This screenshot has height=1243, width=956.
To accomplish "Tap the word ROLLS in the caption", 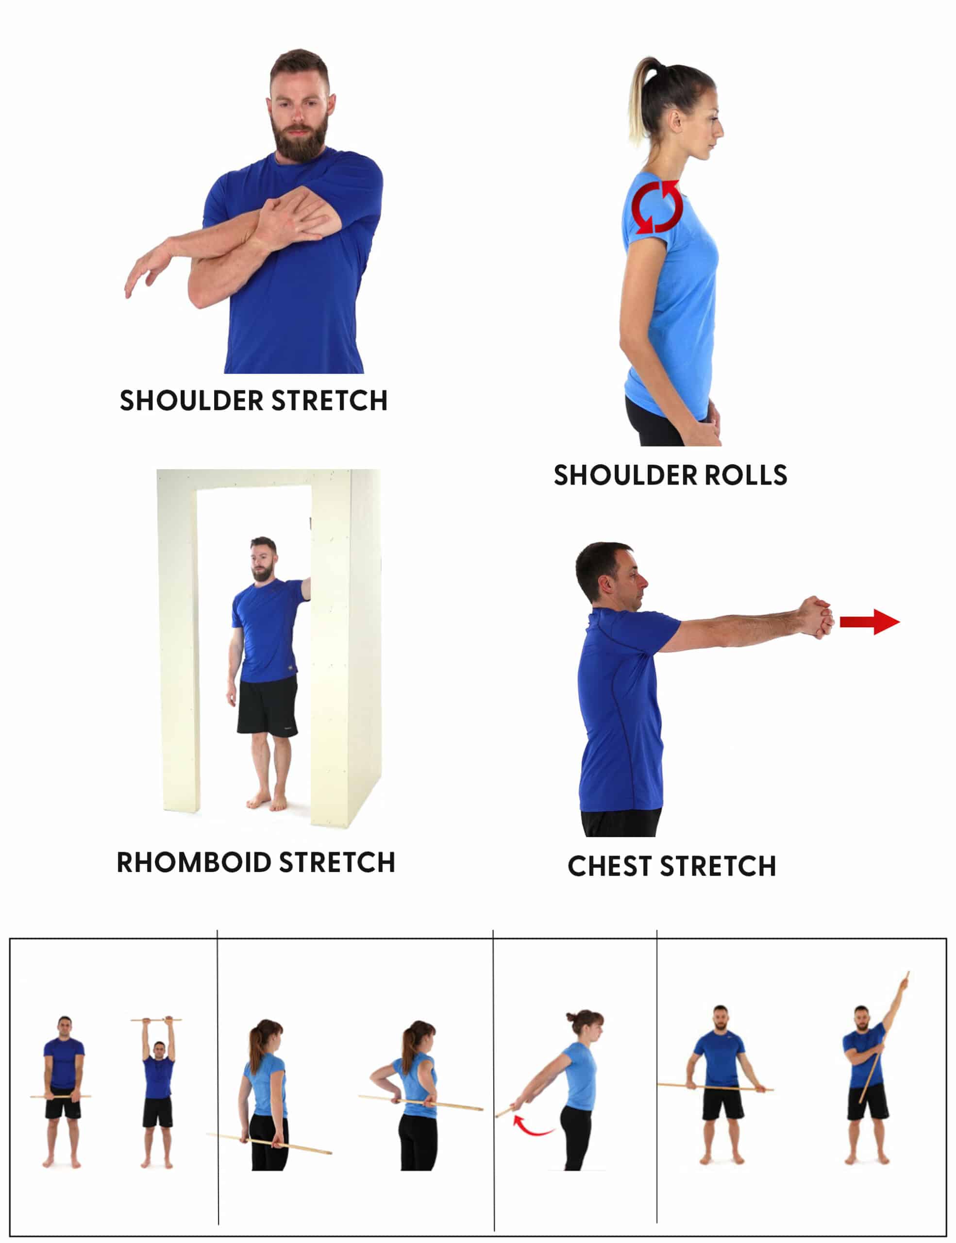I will (746, 475).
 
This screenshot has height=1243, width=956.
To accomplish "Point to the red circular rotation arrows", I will (658, 207).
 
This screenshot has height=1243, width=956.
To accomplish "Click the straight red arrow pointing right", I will (869, 621).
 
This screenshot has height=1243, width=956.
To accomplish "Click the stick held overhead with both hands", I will (156, 1020).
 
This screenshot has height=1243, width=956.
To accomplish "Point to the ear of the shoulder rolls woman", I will (675, 120).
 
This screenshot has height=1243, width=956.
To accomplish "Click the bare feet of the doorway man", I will (267, 803).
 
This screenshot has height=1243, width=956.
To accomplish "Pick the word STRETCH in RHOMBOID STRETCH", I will (337, 862).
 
